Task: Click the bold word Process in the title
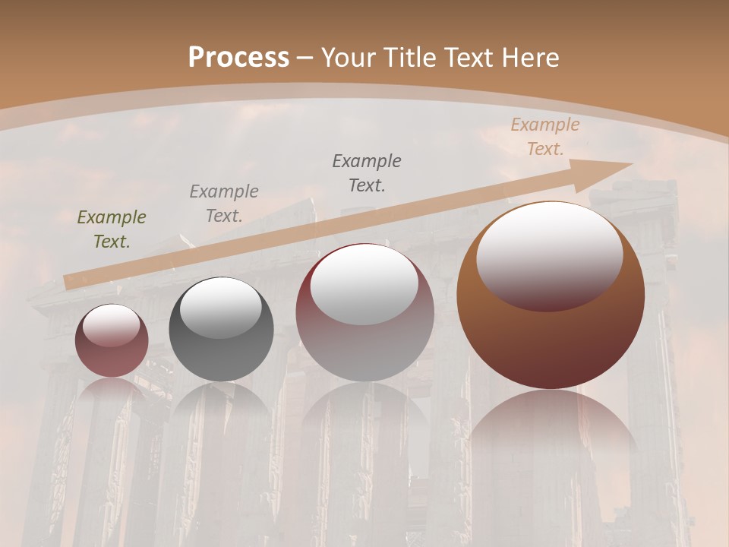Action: coord(238,58)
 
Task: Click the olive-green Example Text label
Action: coord(112,229)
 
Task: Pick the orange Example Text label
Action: coord(544,137)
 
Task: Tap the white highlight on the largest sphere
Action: coord(549,255)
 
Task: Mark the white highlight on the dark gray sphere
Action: coord(220,308)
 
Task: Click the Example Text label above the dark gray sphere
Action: coord(224,203)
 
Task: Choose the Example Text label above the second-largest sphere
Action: coord(367,172)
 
